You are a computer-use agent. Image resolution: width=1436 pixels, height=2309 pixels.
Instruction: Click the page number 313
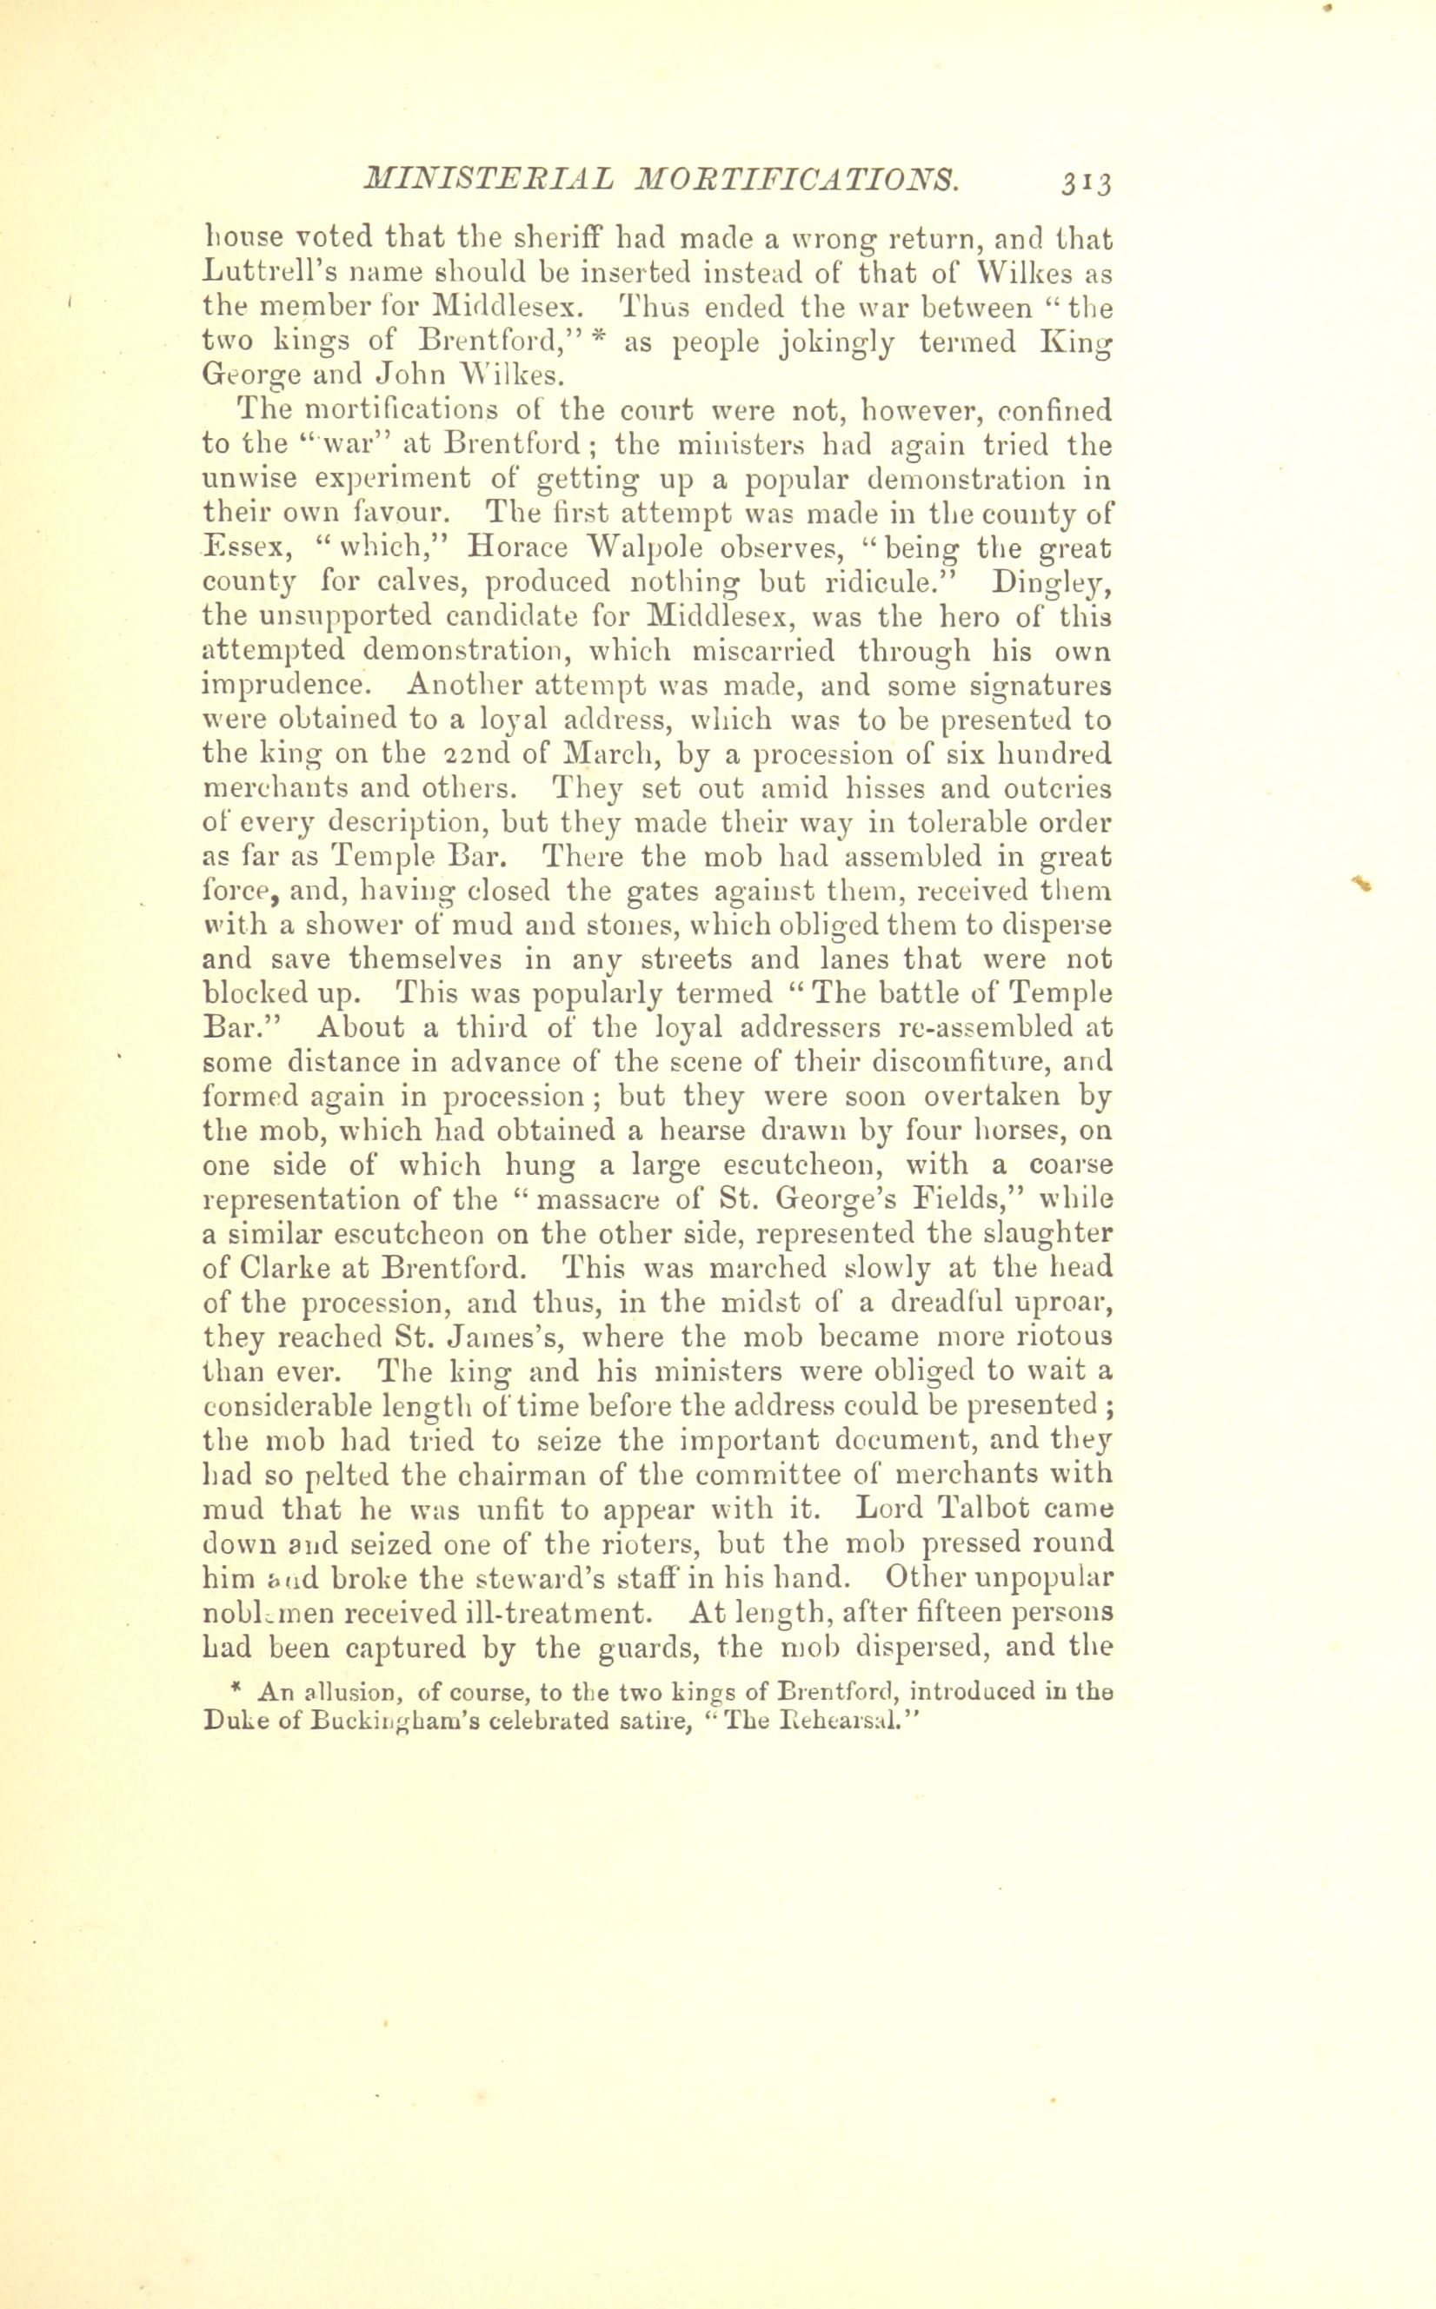pyautogui.click(x=1087, y=182)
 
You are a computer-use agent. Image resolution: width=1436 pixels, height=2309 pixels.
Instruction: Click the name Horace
pyautogui.click(x=520, y=547)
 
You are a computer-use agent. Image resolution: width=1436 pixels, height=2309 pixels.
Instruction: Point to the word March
pyautogui.click(x=604, y=755)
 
